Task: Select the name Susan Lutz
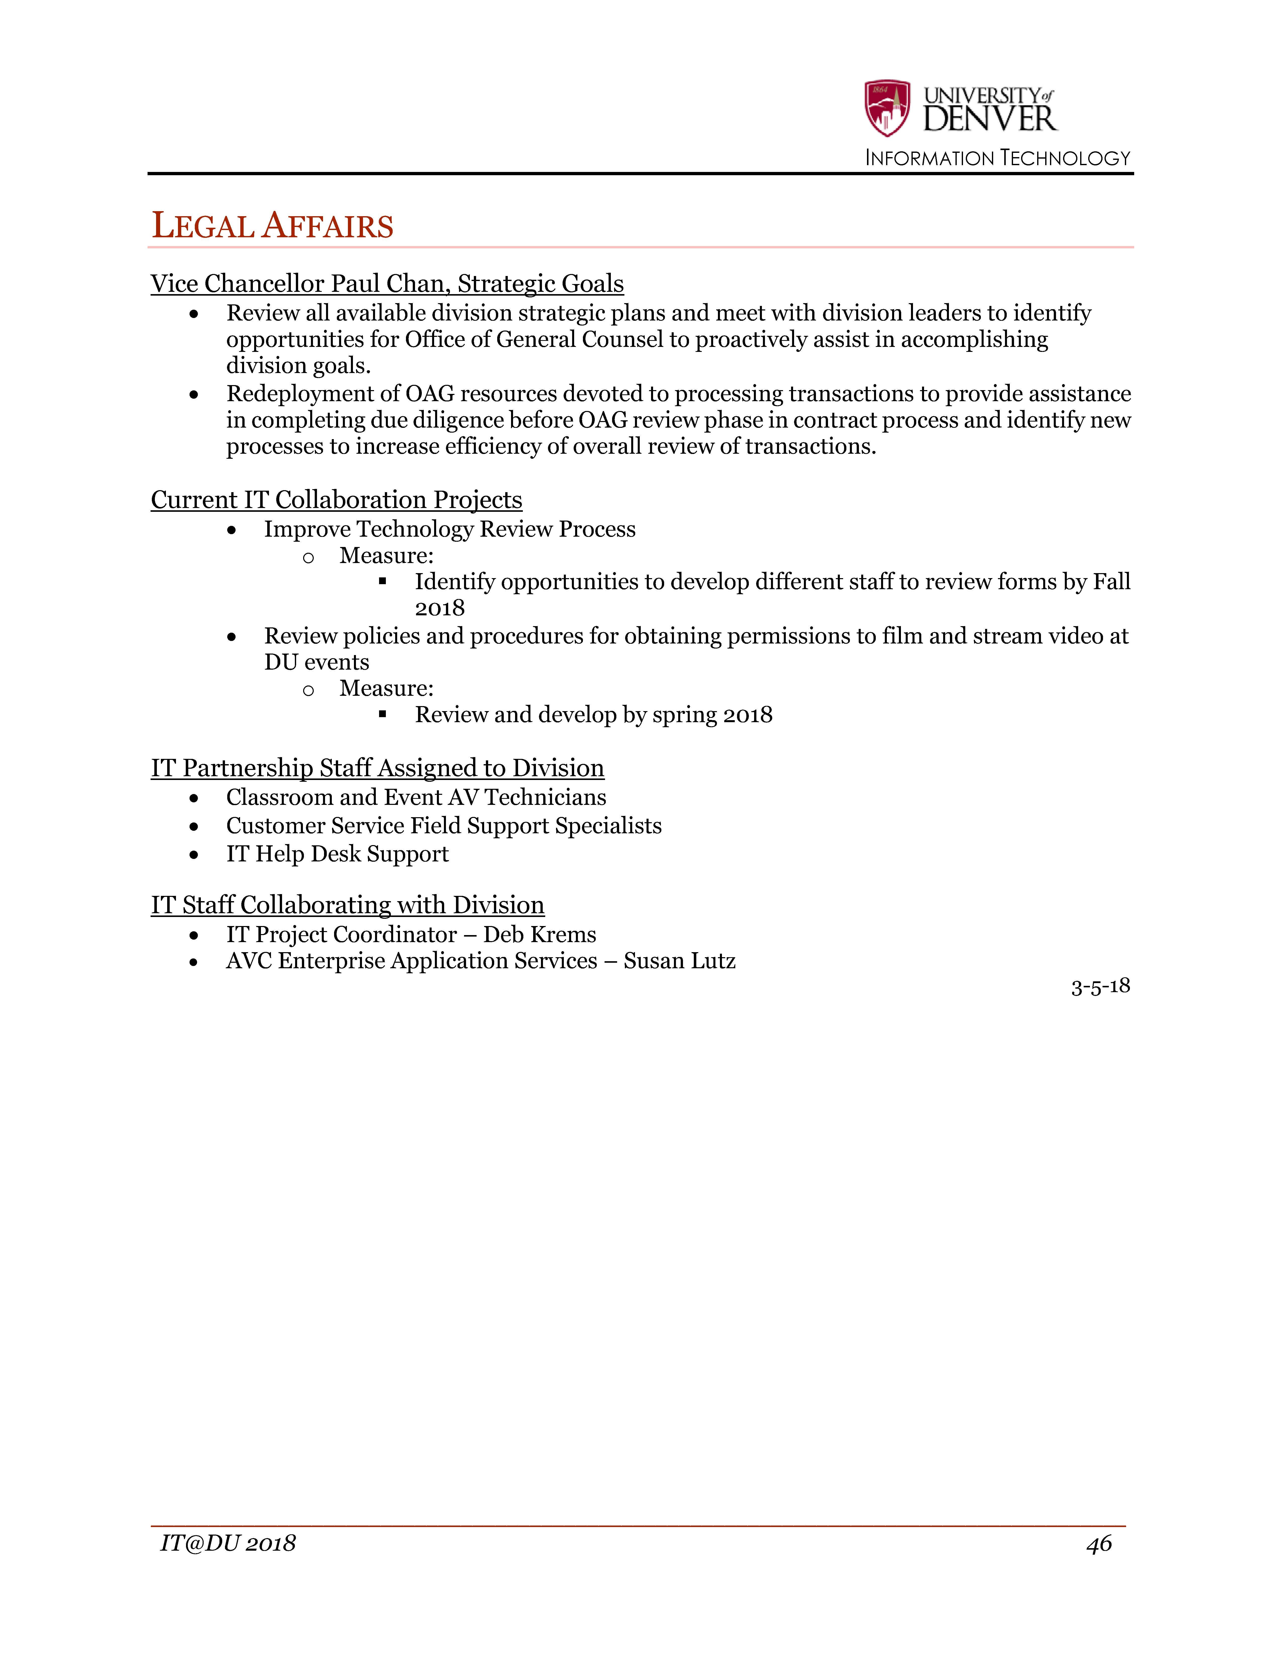point(679,961)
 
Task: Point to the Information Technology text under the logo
point(997,158)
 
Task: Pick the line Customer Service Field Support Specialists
point(443,826)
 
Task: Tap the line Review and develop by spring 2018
point(593,715)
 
